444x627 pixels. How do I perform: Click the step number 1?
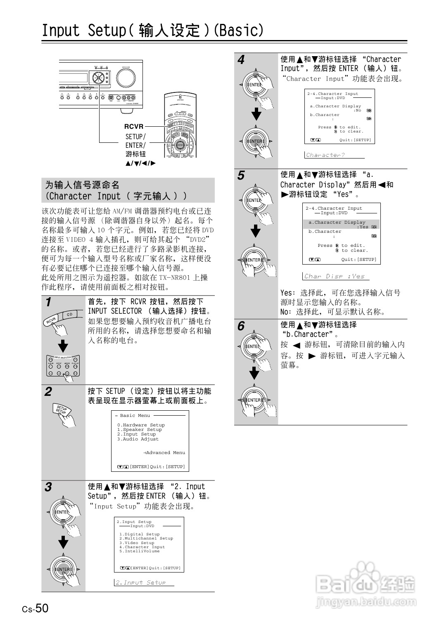click(x=48, y=303)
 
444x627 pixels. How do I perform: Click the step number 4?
click(x=241, y=60)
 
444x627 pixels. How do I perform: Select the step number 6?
click(x=241, y=327)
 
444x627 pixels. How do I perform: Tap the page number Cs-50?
click(x=36, y=608)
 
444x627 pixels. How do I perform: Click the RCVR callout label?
click(x=134, y=126)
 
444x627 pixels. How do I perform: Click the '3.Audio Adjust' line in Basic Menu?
click(x=138, y=439)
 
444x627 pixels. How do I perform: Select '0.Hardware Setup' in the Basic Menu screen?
click(x=141, y=425)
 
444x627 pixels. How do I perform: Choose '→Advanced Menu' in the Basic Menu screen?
click(x=164, y=453)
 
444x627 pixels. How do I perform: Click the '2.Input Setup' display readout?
click(x=140, y=582)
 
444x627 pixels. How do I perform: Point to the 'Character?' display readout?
click(x=325, y=155)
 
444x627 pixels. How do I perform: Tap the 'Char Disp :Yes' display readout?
click(x=335, y=276)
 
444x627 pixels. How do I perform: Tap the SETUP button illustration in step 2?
click(x=62, y=410)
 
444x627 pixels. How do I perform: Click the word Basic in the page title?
click(x=239, y=30)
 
